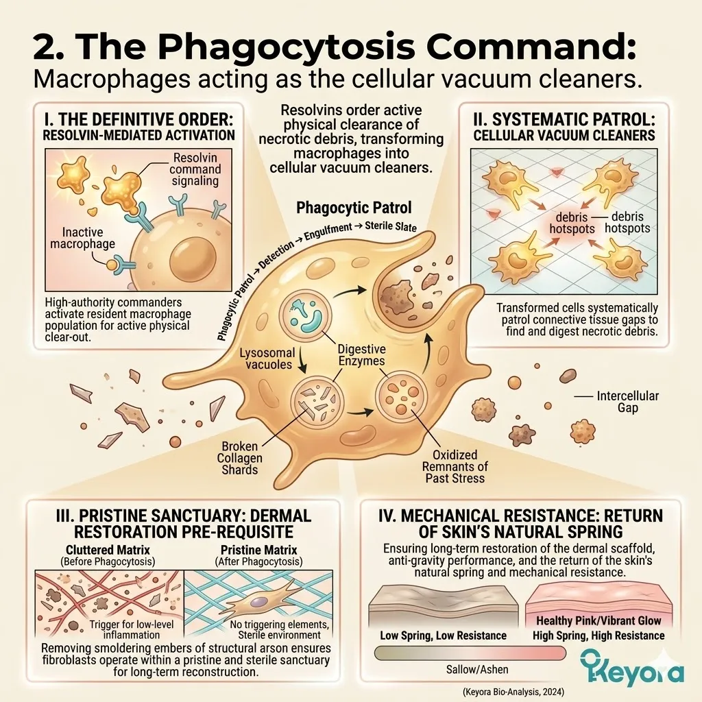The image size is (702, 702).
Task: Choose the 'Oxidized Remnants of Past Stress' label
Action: click(x=455, y=466)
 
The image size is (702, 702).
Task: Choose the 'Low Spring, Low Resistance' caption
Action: click(x=443, y=636)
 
